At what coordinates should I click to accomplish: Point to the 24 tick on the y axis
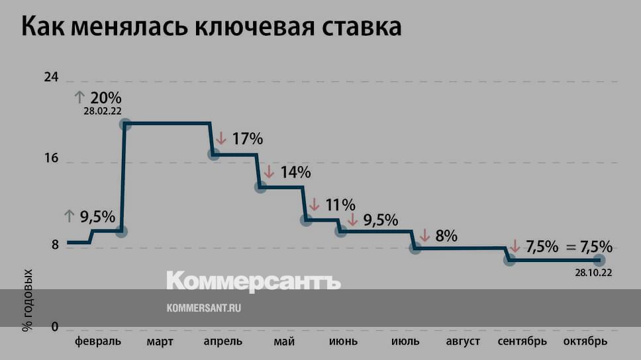point(52,77)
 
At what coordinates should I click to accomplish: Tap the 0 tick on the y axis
point(56,328)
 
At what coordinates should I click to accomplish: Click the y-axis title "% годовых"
point(28,300)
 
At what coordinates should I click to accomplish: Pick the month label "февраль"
point(98,341)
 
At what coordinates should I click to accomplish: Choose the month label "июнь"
point(343,341)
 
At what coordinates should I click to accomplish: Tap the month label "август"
point(464,341)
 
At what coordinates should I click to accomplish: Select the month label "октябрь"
point(585,341)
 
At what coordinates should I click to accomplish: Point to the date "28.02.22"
point(103,111)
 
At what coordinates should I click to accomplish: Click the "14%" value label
point(295,172)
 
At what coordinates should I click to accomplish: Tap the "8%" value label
point(446,235)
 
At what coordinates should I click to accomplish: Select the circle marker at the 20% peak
point(125,124)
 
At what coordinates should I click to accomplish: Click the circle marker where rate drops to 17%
point(214,154)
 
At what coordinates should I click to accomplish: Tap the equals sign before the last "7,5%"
point(571,247)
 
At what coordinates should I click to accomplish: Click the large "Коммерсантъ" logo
point(253,281)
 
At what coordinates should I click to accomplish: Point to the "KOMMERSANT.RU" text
point(203,308)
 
